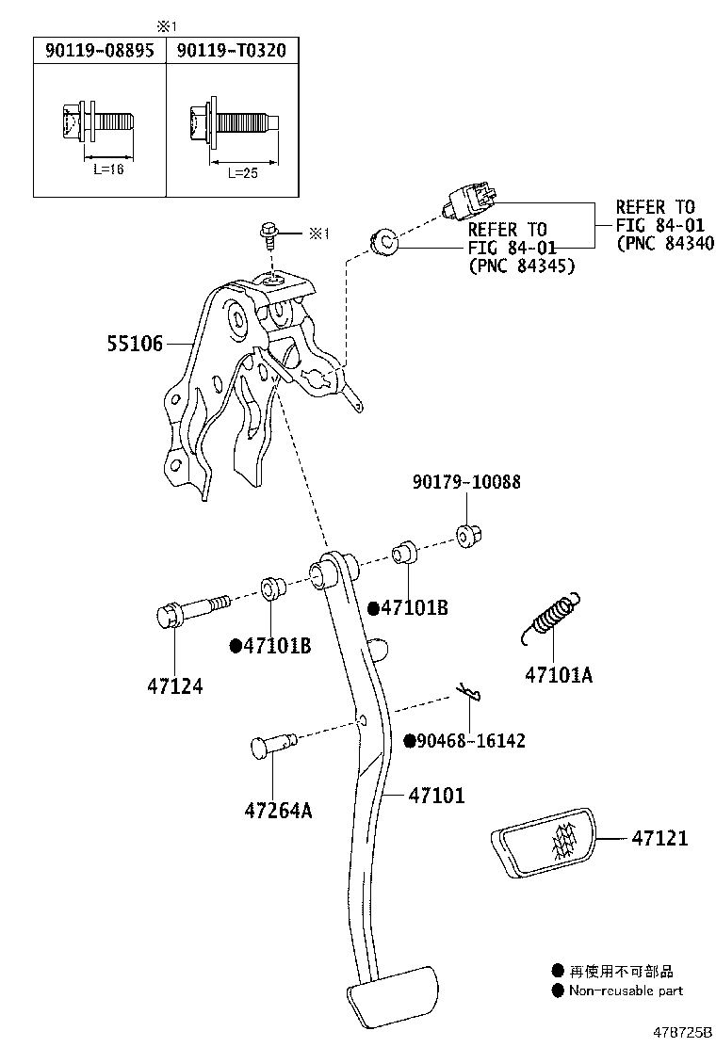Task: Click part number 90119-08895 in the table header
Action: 99,51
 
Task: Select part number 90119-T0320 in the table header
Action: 231,51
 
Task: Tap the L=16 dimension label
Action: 108,170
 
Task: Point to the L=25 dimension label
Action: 241,172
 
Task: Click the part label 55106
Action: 134,346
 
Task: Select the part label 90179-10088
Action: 466,482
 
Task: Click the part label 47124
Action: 175,686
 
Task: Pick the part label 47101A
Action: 559,674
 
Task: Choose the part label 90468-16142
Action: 471,741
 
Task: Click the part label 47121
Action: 659,837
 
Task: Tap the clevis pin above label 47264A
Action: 273,746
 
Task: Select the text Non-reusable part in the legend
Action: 626,991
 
